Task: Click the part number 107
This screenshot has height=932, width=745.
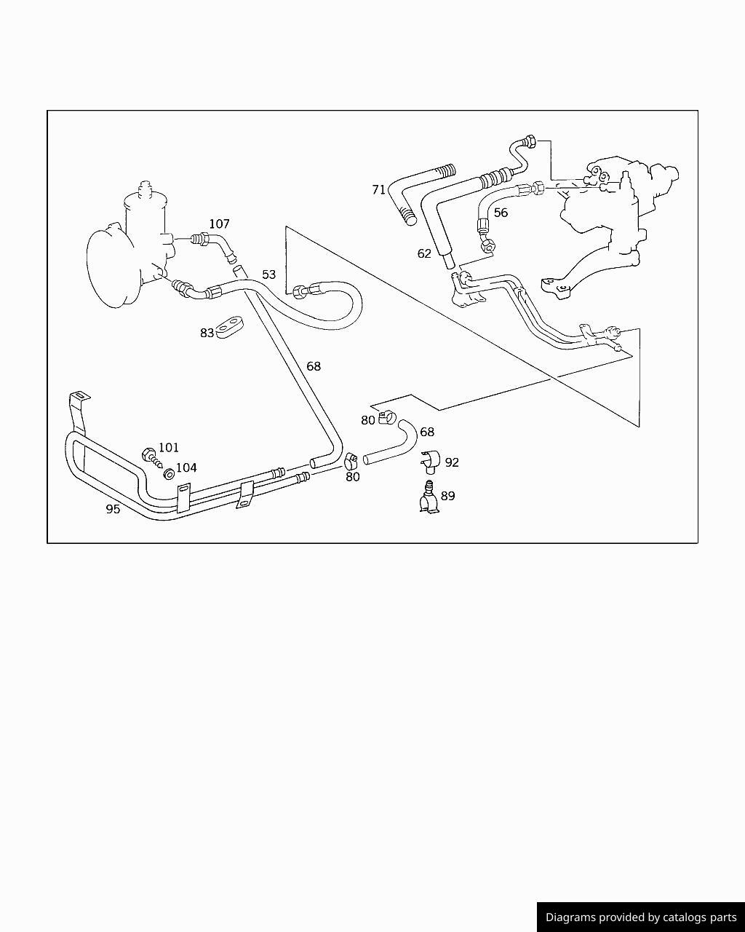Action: point(219,224)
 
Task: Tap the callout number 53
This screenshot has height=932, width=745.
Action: point(268,275)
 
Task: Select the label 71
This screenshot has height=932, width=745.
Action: point(379,190)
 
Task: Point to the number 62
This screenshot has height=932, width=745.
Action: point(424,253)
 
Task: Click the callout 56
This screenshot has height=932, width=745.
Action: point(501,213)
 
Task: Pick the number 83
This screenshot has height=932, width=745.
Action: point(207,333)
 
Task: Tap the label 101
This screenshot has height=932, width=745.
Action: point(168,447)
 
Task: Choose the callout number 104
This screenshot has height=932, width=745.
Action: point(186,467)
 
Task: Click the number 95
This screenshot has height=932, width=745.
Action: point(113,509)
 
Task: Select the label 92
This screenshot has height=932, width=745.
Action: point(452,462)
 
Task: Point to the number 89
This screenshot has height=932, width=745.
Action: point(448,496)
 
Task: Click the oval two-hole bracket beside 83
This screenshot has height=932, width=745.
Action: point(229,328)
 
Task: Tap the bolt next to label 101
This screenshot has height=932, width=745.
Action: point(152,458)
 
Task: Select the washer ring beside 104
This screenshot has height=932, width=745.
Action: point(169,474)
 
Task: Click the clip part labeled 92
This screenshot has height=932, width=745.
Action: point(430,462)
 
